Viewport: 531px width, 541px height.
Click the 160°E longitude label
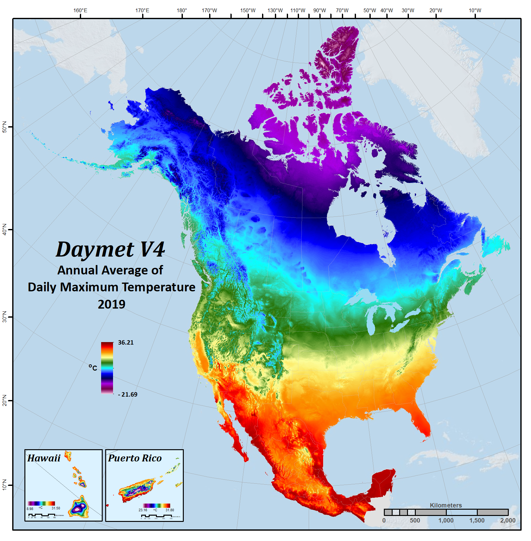click(x=80, y=10)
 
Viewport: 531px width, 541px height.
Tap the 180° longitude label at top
click(x=182, y=10)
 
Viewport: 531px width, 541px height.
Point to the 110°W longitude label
click(x=297, y=10)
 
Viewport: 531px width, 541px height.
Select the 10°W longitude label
click(x=475, y=10)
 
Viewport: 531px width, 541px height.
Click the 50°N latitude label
click(x=5, y=127)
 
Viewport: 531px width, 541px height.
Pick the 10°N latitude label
click(x=5, y=485)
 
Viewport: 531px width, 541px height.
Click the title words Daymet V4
click(x=110, y=249)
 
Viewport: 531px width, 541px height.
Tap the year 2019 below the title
click(x=111, y=304)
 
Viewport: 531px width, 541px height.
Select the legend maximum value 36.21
click(x=126, y=342)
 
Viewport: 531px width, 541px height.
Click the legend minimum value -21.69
click(x=128, y=394)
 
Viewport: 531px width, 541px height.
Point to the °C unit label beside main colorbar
click(x=93, y=367)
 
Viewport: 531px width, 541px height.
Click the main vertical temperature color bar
click(x=107, y=367)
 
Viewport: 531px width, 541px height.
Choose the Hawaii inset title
click(x=44, y=458)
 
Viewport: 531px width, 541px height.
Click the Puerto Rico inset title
click(x=135, y=458)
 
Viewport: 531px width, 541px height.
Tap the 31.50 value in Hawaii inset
click(x=56, y=508)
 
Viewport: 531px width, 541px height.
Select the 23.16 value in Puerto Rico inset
click(x=143, y=510)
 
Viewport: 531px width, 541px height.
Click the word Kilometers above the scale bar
click(x=446, y=505)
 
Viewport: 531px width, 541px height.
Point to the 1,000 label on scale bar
click(x=446, y=520)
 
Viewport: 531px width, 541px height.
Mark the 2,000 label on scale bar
click(x=508, y=520)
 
